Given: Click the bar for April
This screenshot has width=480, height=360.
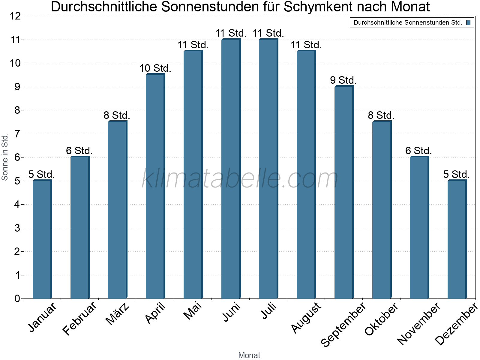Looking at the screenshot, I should point(155,186).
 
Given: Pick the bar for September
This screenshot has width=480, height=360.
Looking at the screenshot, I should point(344,192).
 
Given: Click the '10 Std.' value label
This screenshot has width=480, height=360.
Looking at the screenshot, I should point(155,68).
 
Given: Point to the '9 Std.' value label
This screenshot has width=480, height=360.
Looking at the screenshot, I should point(343,80).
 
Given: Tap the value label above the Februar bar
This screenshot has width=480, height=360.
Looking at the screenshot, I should point(79,151).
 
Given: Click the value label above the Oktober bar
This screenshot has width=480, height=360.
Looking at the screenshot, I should point(381,115).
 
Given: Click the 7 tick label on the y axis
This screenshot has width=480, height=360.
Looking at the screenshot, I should point(17,134).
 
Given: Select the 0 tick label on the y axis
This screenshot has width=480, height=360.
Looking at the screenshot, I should point(17,298).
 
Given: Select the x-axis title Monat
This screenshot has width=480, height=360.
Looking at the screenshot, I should point(249,355).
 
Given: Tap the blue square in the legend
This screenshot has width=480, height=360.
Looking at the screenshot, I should point(468,22).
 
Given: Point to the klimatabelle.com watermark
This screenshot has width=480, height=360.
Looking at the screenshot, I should point(240,178).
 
